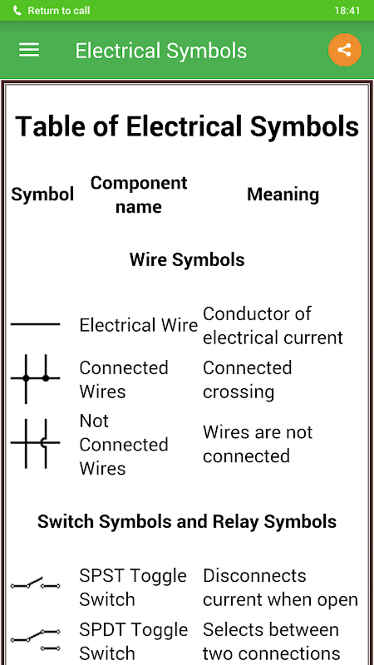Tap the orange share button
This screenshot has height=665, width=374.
coord(344,50)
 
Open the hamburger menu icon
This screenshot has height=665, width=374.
coord(29,50)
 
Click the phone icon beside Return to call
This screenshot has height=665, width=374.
coord(17,11)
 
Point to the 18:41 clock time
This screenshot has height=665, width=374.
coord(347,11)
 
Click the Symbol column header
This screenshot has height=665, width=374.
coord(43,194)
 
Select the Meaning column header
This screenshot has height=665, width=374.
coord(283,194)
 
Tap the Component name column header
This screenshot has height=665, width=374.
coord(139,195)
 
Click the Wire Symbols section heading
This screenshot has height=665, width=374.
coord(187,260)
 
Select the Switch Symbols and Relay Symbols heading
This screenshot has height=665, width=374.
coord(187,522)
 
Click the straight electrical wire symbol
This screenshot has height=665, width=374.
coord(35,324)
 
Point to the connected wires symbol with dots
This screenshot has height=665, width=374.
coord(35,378)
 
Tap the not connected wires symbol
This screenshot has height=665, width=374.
coord(35,443)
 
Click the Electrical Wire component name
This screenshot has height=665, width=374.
coord(138,325)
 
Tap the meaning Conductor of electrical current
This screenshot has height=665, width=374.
coord(272,326)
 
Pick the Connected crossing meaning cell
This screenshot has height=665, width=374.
coord(247,380)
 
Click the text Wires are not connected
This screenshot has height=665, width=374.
coord(257,444)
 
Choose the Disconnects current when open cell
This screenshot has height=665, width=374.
coord(280,588)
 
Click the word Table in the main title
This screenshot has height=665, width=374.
coord(50,127)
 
